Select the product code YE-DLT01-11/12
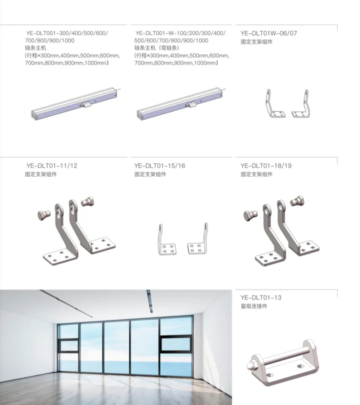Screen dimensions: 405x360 [51, 166]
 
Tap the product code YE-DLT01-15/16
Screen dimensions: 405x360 [159, 166]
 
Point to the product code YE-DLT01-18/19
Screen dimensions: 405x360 [265, 166]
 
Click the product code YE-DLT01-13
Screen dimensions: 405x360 [260, 298]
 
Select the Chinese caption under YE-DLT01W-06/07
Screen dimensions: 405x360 [256, 41]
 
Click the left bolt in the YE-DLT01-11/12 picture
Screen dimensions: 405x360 [44, 215]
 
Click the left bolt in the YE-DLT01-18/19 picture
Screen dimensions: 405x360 [250, 215]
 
